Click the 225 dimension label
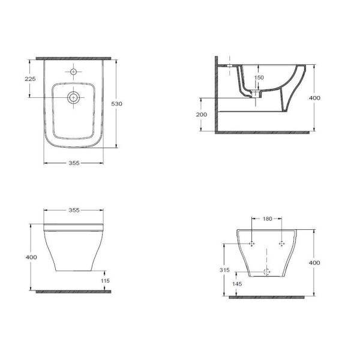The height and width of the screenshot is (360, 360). pos(31,79)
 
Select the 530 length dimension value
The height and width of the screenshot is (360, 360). pos(116,104)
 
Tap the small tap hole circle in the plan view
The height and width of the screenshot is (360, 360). pos(73,72)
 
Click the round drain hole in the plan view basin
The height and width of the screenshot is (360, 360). pos(73,98)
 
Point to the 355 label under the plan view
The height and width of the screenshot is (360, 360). pos(74,163)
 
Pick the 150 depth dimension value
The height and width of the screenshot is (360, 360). pos(259,77)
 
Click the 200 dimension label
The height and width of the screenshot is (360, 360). pos(202,115)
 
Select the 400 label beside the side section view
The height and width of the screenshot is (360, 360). pos(314,98)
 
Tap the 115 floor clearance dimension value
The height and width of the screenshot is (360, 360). pos(105,281)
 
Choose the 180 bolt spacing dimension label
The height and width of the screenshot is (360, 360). pos(267,219)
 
